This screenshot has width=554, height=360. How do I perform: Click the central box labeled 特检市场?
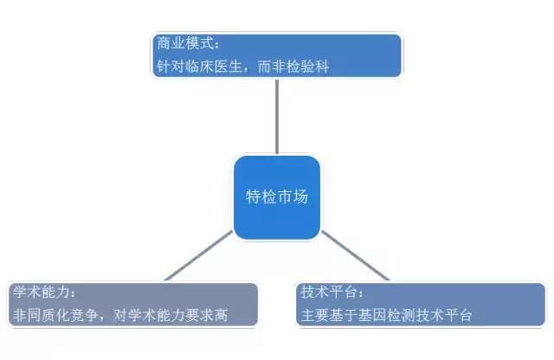point(277,197)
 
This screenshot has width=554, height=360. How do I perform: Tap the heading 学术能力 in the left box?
point(42,292)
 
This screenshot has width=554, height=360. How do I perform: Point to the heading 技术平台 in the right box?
point(329,292)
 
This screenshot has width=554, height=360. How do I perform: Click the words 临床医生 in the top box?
point(214,66)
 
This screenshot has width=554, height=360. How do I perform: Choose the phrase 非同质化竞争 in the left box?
point(55,315)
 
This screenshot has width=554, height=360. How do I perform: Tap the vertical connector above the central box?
point(277,116)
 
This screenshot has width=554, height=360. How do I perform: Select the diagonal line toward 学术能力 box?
point(199,255)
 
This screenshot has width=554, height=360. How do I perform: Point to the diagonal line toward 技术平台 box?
point(355,255)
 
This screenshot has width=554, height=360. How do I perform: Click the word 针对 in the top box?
point(171,66)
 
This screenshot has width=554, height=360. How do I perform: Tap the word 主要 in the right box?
point(315,315)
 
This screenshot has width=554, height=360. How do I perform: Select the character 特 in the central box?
point(253,196)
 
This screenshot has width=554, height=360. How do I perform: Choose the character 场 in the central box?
point(300,196)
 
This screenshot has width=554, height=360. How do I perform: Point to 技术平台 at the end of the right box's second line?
point(444,315)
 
